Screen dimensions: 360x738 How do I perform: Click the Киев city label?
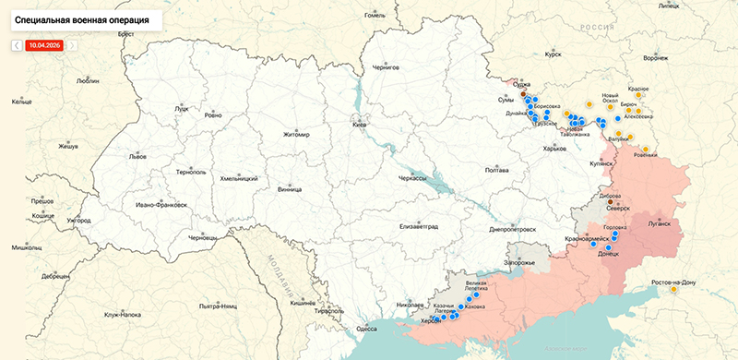click(x=361, y=125)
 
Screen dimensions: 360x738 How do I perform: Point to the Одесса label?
click(x=366, y=329)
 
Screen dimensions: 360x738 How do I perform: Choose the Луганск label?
click(x=666, y=222)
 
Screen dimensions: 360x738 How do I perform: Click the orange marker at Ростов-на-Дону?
click(x=674, y=290)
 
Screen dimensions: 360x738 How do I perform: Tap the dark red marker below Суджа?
click(x=524, y=93)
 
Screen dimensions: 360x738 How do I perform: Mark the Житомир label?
click(x=297, y=135)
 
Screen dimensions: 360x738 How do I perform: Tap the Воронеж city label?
click(x=656, y=57)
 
